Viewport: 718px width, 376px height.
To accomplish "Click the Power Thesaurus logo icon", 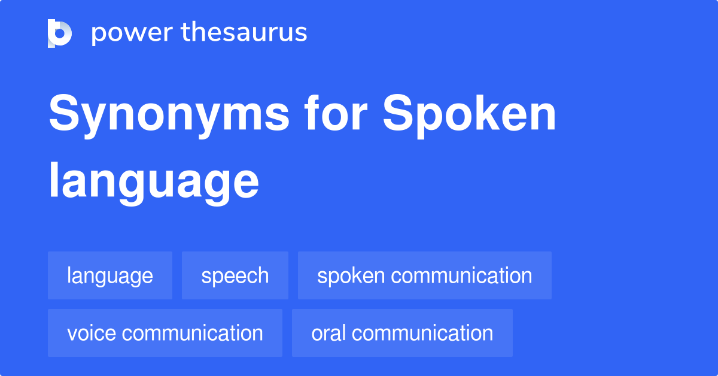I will (x=60, y=33).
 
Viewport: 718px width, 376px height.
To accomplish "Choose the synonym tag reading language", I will (x=110, y=275).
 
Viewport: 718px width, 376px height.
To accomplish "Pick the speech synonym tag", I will (x=235, y=275).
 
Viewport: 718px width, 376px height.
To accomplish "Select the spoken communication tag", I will (x=425, y=275).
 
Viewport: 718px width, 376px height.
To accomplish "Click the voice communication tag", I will (x=165, y=333).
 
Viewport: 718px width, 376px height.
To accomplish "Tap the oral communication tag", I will (x=402, y=333).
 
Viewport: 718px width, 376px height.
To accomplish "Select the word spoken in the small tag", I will (x=351, y=275).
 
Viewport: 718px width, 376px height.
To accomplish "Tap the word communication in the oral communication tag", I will (x=427, y=333).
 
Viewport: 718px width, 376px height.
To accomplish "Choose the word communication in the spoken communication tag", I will (x=462, y=275).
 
